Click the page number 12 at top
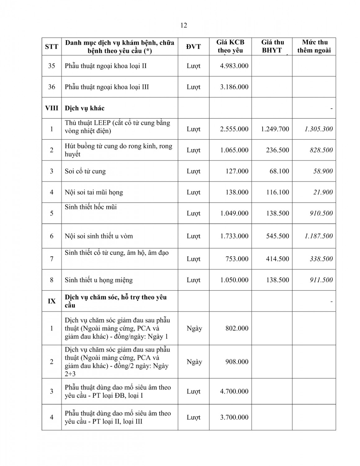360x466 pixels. pos(183,25)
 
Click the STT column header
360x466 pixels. pos(52,47)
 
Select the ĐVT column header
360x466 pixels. pos(193,47)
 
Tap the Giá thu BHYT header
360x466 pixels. pos(272,46)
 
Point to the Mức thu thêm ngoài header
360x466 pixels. pos(314,46)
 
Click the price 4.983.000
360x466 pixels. pos(234,66)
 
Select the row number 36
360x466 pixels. pos(52,87)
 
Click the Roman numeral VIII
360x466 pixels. pos(52,108)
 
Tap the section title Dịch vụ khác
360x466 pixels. pos(84,108)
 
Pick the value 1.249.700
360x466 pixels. pos(275,129)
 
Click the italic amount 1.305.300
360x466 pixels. pos(318,129)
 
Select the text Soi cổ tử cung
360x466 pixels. pos(85,171)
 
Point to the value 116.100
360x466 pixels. pos(277,192)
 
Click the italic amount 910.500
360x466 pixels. pos(321,213)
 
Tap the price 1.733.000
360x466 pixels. pos(234,236)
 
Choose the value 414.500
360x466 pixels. pos(277,259)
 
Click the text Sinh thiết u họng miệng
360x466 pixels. pos(99,280)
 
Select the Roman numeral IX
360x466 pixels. pos(52,301)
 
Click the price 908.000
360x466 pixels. pos(237,362)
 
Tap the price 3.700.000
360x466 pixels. pos(234,417)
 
